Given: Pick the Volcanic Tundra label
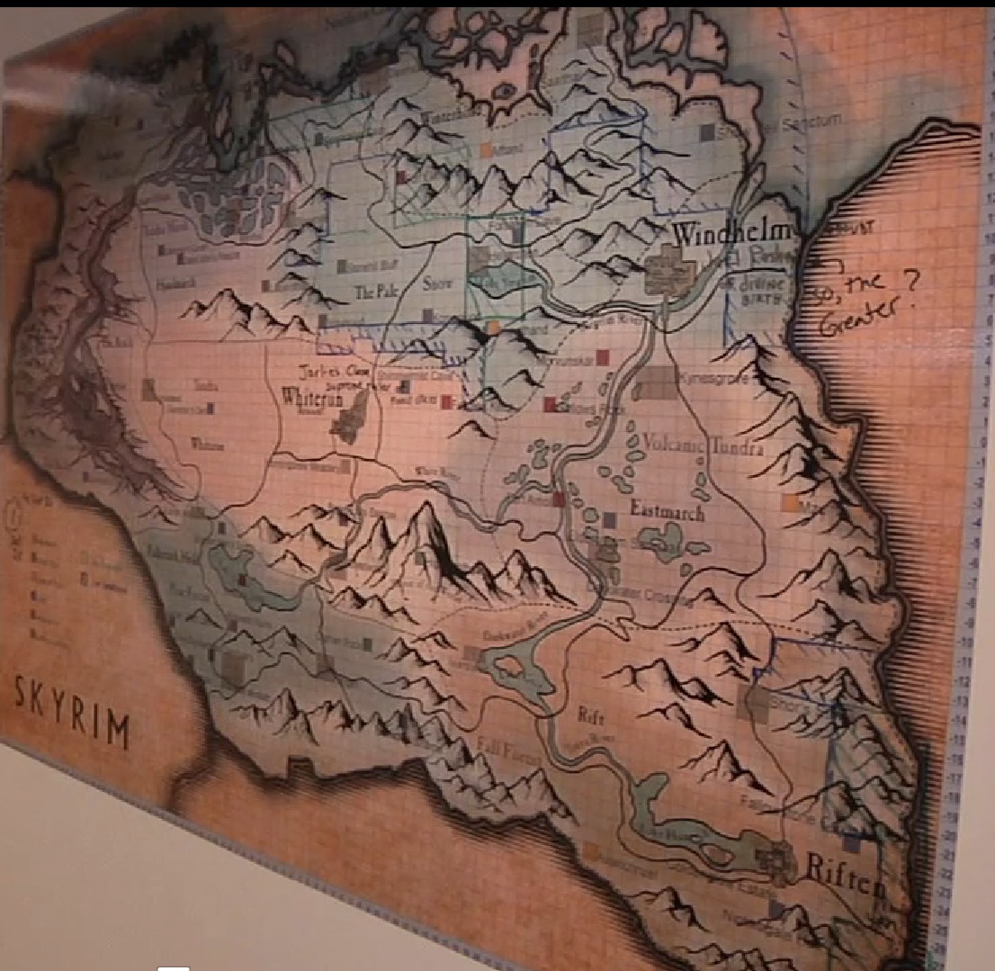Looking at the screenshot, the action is click(705, 445).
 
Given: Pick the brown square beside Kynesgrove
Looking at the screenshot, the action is click(656, 383).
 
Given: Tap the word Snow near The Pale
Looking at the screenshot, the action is click(437, 285).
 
